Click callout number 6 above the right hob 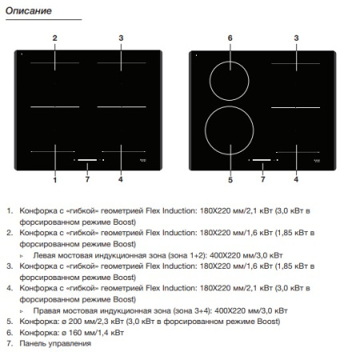click(230, 38)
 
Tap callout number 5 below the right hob click(230, 180)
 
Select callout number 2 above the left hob click(55, 38)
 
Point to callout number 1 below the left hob click(55, 180)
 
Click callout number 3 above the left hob click(121, 38)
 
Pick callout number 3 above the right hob click(296, 38)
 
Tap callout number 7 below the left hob click(87, 180)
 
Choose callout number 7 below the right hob click(262, 180)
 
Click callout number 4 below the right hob click(296, 180)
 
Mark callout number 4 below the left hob click(121, 180)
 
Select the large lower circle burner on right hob click(230, 131)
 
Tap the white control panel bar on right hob click(262, 158)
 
